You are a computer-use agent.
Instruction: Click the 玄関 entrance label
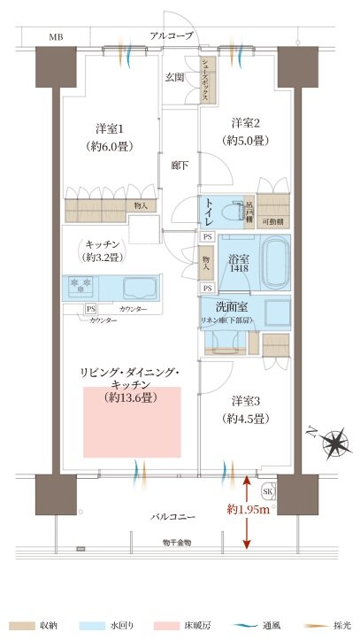(x=173, y=77)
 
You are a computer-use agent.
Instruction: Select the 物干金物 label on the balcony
(x=177, y=542)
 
